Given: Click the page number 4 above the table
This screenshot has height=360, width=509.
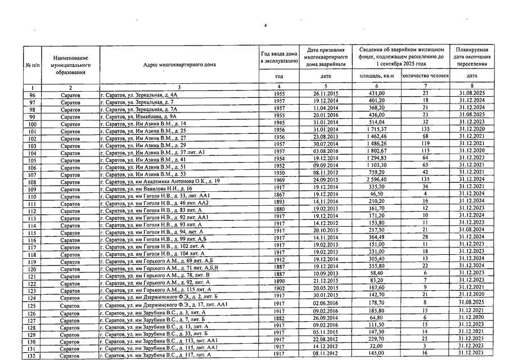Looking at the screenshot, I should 265,26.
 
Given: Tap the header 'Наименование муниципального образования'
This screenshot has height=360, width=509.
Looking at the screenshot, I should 71,65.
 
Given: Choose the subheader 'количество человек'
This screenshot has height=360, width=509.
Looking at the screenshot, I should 426,76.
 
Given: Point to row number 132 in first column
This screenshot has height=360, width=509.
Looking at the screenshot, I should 32,355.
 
